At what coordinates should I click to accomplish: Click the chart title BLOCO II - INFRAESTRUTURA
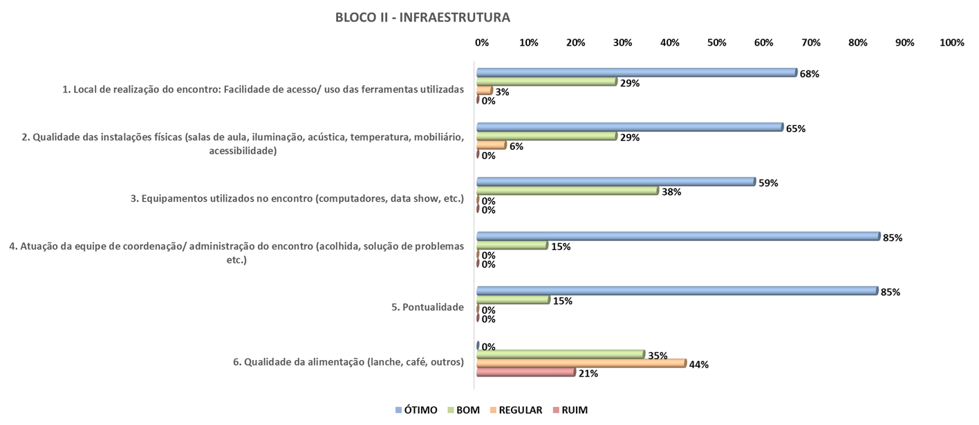422,17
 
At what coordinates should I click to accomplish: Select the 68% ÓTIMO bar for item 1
636,73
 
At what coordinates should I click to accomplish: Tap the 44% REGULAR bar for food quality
581,363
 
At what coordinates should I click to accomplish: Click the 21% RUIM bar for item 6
525,372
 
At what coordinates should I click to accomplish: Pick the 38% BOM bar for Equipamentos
567,191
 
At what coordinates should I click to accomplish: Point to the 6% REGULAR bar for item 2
491,145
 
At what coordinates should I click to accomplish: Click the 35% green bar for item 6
560,355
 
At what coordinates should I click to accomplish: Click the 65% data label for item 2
795,129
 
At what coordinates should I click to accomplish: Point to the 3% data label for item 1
502,92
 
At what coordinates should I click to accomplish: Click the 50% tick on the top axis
717,43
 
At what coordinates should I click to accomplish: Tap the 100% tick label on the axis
951,43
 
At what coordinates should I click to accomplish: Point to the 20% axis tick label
576,43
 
